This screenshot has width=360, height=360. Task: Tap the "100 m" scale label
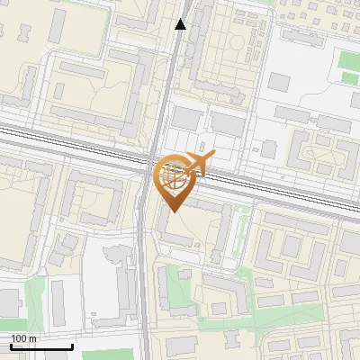point(24,337)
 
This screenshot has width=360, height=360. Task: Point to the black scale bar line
point(41,346)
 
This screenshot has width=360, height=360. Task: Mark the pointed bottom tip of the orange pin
point(173,211)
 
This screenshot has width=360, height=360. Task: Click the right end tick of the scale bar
point(72,346)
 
